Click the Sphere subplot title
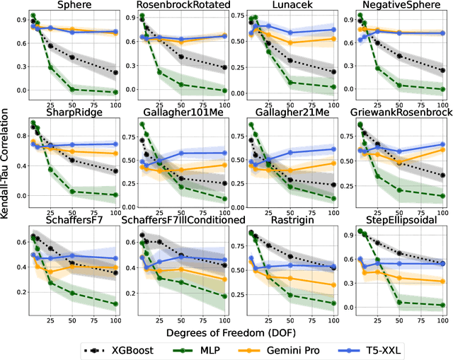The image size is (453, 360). [x=74, y=6]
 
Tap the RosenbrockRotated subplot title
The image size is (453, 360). [x=182, y=6]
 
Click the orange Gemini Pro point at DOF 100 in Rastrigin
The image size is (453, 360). [x=333, y=286]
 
